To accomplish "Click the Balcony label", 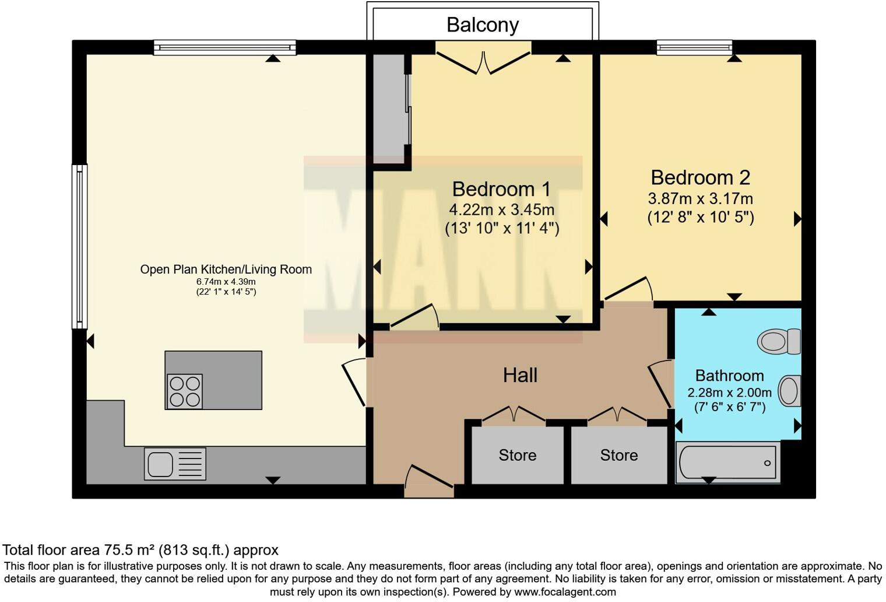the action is pyautogui.click(x=483, y=25).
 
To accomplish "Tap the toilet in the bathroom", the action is pyautogui.click(x=779, y=341).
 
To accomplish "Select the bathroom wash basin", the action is pyautogui.click(x=789, y=391).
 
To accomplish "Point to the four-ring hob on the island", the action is pyautogui.click(x=185, y=391).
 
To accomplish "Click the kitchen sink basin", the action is pyautogui.click(x=160, y=464).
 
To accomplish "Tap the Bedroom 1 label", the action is pyautogui.click(x=501, y=189).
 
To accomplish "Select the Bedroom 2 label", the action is pyautogui.click(x=701, y=178).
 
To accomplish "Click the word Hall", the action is pyautogui.click(x=520, y=375).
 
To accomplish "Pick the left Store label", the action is pyautogui.click(x=518, y=455).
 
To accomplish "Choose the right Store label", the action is pyautogui.click(x=619, y=455).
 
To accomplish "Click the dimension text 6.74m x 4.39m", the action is pyautogui.click(x=226, y=282).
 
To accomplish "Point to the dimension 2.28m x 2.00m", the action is pyautogui.click(x=729, y=393).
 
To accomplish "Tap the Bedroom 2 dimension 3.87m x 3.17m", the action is pyautogui.click(x=701, y=198).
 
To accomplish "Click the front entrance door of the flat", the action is pyautogui.click(x=429, y=481).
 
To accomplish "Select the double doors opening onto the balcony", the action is pyautogui.click(x=483, y=62).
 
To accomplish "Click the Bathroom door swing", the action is pyautogui.click(x=660, y=383).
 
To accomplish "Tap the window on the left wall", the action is pyautogui.click(x=79, y=247).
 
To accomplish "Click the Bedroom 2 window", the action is pyautogui.click(x=695, y=47).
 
